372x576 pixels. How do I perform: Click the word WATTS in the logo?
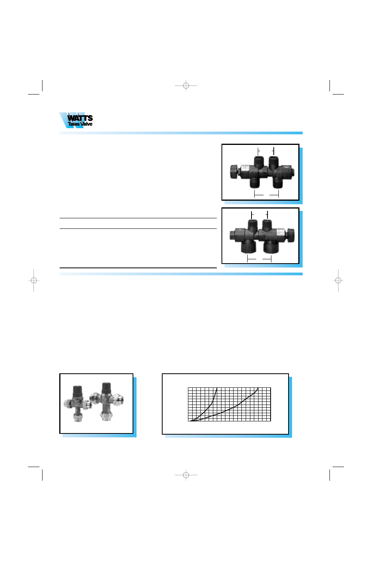click(80, 118)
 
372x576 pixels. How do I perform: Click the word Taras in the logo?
click(73, 124)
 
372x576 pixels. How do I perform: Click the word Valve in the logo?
click(86, 124)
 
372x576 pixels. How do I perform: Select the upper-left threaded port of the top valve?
click(259, 161)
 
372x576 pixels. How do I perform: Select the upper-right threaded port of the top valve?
click(273, 161)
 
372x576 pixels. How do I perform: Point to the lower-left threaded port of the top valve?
click(254, 182)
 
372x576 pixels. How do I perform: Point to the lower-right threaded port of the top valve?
click(278, 182)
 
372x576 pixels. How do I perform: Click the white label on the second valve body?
click(280, 234)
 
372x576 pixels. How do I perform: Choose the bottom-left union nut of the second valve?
click(248, 246)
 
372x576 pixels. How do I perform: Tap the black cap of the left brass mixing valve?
click(78, 390)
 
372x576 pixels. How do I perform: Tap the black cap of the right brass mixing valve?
click(106, 388)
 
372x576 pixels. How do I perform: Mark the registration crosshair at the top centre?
click(186, 86)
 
